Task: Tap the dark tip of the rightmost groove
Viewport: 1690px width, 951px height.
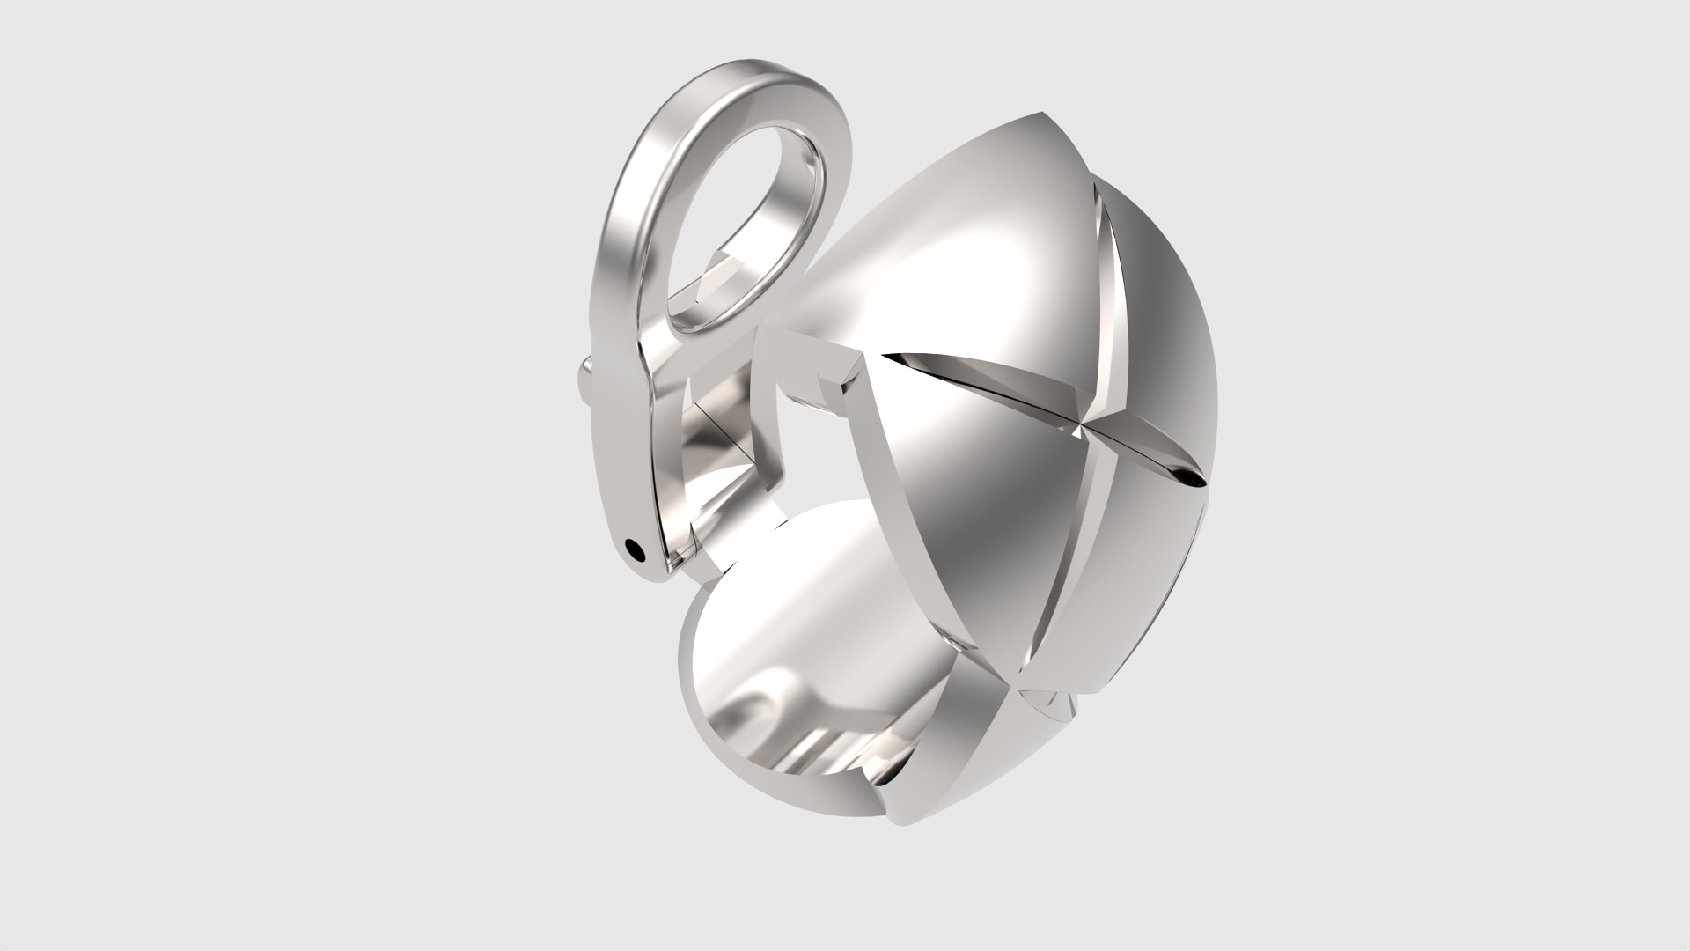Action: click(1194, 476)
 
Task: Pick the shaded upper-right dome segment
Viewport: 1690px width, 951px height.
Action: click(1162, 299)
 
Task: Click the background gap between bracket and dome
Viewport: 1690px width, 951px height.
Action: click(814, 458)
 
